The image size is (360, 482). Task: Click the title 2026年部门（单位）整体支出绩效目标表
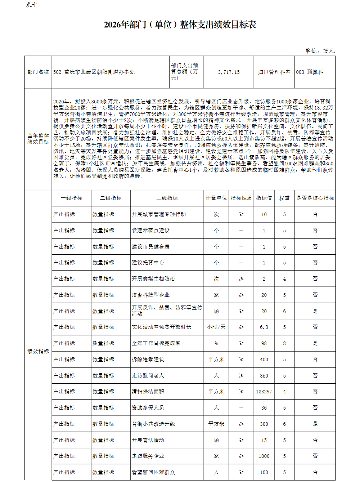tap(180, 25)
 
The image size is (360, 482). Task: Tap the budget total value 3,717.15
tap(229, 72)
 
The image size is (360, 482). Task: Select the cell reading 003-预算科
tap(310, 72)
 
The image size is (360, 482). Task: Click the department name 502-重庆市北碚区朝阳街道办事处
tap(94, 72)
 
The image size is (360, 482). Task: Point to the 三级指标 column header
tap(167, 198)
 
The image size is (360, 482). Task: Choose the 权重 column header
tap(284, 198)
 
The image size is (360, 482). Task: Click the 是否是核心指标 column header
tap(315, 198)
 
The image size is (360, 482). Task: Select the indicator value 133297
tap(264, 392)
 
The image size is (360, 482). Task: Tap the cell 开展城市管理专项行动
tap(159, 214)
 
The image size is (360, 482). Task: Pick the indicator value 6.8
tap(264, 327)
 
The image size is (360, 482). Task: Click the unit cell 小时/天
tap(216, 327)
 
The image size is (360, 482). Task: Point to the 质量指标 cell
tap(103, 343)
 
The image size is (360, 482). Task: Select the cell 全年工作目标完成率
tap(156, 343)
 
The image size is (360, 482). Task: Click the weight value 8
tap(284, 343)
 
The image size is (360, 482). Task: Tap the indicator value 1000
tap(264, 456)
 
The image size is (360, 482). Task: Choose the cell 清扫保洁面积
tap(148, 392)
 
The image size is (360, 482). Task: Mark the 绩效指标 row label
tap(38, 351)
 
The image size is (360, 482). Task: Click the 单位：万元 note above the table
tap(320, 51)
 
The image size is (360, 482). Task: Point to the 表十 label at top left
tap(31, 5)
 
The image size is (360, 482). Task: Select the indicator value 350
tap(264, 376)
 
